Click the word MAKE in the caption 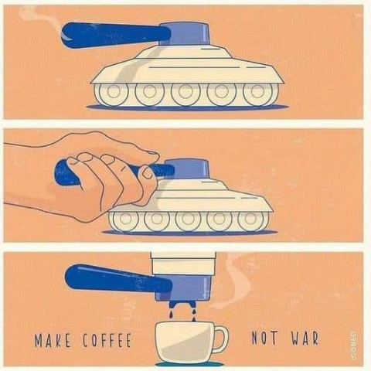pyautogui.click(x=53, y=340)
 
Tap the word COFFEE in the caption pyautogui.click(x=107, y=340)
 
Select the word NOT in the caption pyautogui.click(x=264, y=338)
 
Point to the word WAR pyautogui.click(x=305, y=338)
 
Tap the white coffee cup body pyautogui.click(x=185, y=341)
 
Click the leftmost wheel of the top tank pyautogui.click(x=114, y=92)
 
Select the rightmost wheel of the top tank pyautogui.click(x=257, y=92)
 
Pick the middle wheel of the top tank pyautogui.click(x=185, y=92)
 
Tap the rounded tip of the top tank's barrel pyautogui.click(x=65, y=35)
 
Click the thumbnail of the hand pyautogui.click(x=148, y=173)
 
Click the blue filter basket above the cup pyautogui.click(x=184, y=288)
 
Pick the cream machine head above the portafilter pyautogui.click(x=183, y=264)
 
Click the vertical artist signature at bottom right pyautogui.click(x=353, y=339)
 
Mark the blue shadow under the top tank pyautogui.click(x=187, y=107)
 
